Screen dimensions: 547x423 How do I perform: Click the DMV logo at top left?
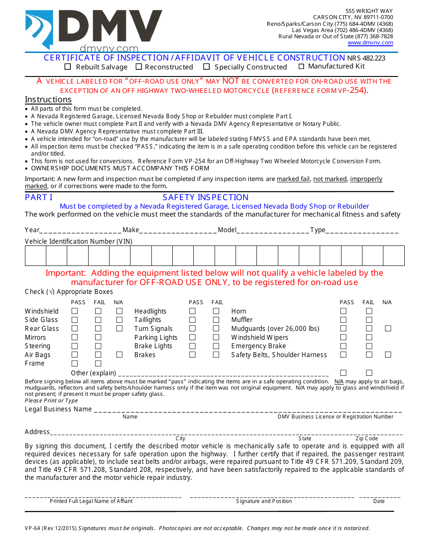[x=94, y=29]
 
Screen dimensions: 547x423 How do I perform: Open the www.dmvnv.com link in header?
[x=370, y=43]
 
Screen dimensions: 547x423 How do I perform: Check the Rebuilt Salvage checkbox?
[x=68, y=67]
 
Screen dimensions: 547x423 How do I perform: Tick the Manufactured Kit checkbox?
[x=301, y=66]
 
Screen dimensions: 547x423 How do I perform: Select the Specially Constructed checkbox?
[x=207, y=67]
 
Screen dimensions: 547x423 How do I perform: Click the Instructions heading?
[x=48, y=100]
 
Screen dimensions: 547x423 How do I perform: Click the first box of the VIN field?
[x=36, y=256]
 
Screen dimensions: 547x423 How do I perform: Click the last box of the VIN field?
[x=394, y=256]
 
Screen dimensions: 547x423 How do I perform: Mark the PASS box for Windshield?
[x=75, y=311]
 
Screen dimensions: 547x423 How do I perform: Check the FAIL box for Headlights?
[x=216, y=311]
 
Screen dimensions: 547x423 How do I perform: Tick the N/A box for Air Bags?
[x=119, y=355]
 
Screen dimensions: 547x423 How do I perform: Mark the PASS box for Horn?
[x=343, y=311]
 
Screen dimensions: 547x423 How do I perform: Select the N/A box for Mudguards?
[x=388, y=329]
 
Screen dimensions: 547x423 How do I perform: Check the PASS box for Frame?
[x=75, y=363]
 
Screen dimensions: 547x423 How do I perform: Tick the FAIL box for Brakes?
[x=216, y=355]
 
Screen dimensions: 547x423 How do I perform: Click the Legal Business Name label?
[x=58, y=409]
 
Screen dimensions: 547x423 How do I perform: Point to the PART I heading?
[x=39, y=197]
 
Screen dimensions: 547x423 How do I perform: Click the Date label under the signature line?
[x=379, y=501]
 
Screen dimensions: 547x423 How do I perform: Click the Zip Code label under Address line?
[x=366, y=438]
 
